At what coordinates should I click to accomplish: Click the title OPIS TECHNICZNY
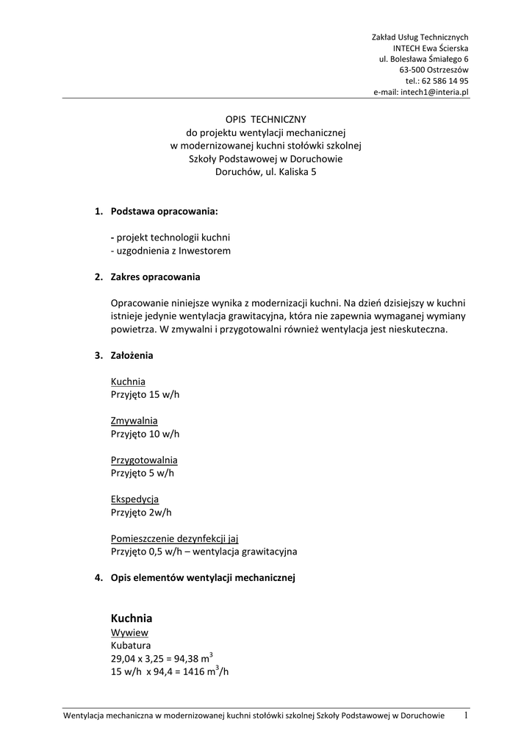click(x=265, y=118)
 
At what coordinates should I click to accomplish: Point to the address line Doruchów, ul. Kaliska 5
click(x=265, y=173)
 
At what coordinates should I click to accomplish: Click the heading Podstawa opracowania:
click(x=164, y=212)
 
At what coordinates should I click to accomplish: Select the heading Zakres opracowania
click(x=155, y=277)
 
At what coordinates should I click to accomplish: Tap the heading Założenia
click(x=132, y=355)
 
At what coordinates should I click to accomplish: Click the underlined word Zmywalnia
click(x=134, y=421)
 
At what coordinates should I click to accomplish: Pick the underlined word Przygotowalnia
click(x=144, y=460)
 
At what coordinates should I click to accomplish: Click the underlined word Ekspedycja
click(x=134, y=499)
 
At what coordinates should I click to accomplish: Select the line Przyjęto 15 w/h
click(x=145, y=395)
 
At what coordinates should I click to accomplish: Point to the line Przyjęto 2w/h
click(x=141, y=512)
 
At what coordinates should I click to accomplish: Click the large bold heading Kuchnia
click(x=132, y=618)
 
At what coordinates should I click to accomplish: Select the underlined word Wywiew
click(x=130, y=632)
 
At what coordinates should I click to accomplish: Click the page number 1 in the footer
click(x=465, y=715)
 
